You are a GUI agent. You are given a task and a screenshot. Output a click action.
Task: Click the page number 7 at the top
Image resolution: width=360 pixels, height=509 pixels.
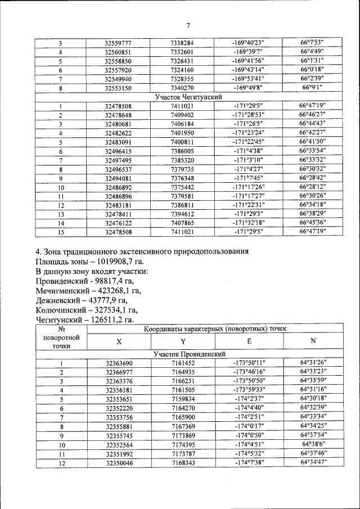click(188, 25)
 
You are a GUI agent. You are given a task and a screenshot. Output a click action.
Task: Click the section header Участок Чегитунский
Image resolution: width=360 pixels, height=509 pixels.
click(183, 97)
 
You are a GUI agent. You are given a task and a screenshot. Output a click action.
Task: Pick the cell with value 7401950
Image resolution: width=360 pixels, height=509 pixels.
click(182, 133)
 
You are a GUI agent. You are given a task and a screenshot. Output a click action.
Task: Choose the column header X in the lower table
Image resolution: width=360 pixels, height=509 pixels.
click(118, 341)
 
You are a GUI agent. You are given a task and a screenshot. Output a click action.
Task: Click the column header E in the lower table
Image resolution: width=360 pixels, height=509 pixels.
click(249, 341)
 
